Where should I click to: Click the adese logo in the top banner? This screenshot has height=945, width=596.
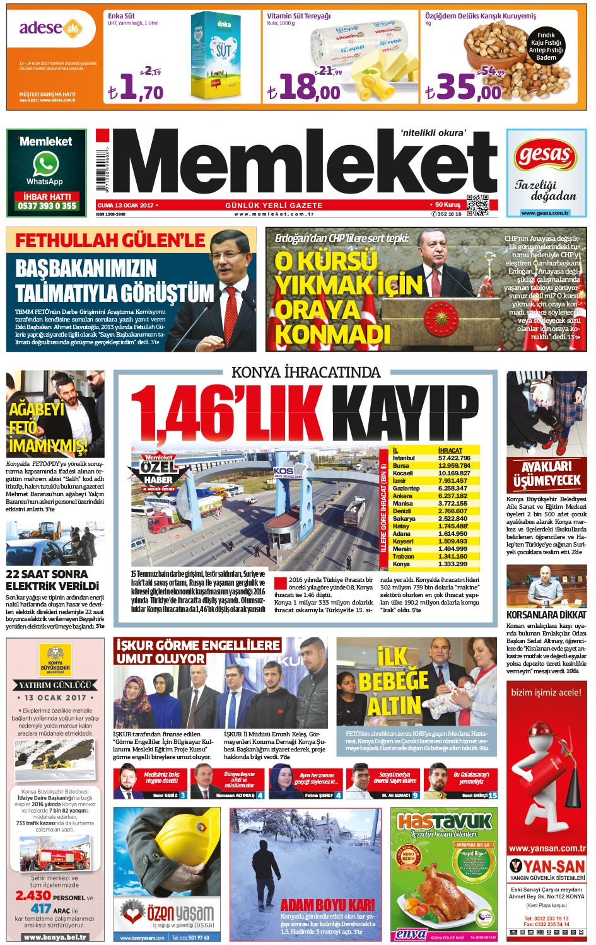(x=50, y=28)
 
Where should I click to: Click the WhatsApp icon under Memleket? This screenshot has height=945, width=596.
(x=46, y=165)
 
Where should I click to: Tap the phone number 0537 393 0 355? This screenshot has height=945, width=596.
(x=47, y=206)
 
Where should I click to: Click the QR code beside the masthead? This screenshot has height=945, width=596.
(x=477, y=206)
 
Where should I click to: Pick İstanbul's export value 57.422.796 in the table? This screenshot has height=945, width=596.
(x=455, y=458)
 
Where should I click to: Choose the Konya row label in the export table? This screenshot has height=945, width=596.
(x=401, y=564)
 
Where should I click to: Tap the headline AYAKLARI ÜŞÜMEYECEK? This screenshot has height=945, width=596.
(x=546, y=474)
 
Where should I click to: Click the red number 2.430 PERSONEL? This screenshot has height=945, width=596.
(x=33, y=895)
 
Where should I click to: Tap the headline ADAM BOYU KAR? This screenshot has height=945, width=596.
(x=327, y=905)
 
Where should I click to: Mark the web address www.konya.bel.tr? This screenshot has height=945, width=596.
(x=54, y=937)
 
